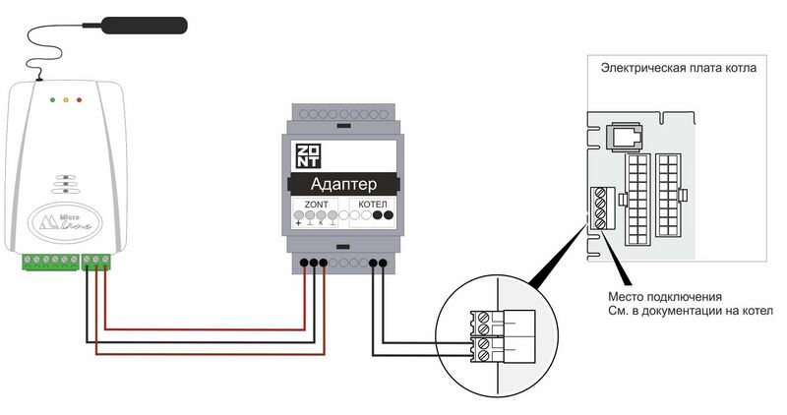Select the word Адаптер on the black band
coord(343,186)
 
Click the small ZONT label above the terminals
coord(314,203)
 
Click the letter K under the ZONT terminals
coord(322,226)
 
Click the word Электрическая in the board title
coord(647,71)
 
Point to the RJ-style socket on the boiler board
coord(623,136)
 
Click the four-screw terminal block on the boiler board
coord(594,207)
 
